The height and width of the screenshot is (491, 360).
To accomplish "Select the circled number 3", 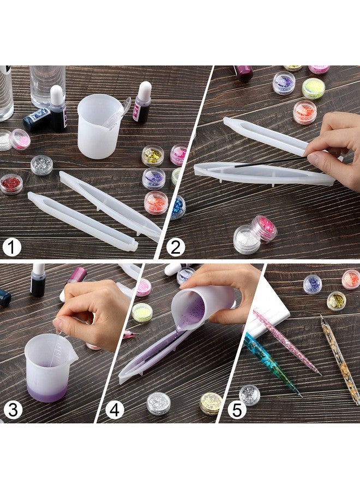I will click(x=11, y=410).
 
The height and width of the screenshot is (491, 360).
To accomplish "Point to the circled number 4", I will click(x=114, y=410).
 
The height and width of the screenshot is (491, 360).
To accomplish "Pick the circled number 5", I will click(x=237, y=410).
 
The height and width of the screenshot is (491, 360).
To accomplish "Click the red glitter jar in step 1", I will click(x=11, y=184).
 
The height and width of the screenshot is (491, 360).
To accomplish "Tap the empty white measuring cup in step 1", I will click(x=99, y=126).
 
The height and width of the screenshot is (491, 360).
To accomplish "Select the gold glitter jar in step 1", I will click(x=153, y=155).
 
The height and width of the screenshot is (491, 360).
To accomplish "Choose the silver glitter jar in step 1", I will click(x=41, y=165).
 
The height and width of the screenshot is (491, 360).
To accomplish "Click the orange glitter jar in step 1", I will click(x=156, y=202).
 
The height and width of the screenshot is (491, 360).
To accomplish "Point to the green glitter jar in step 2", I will click(x=314, y=88).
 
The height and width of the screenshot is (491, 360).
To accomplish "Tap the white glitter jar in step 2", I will click(x=247, y=239).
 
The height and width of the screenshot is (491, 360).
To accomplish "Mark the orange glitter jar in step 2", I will click(x=305, y=112).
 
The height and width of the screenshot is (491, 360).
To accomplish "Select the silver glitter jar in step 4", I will click(x=158, y=403).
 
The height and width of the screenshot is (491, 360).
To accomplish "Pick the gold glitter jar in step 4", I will click(x=211, y=403).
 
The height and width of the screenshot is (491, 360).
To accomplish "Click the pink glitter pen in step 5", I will click(x=286, y=342).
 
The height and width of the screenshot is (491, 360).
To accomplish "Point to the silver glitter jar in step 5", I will click(x=250, y=395).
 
